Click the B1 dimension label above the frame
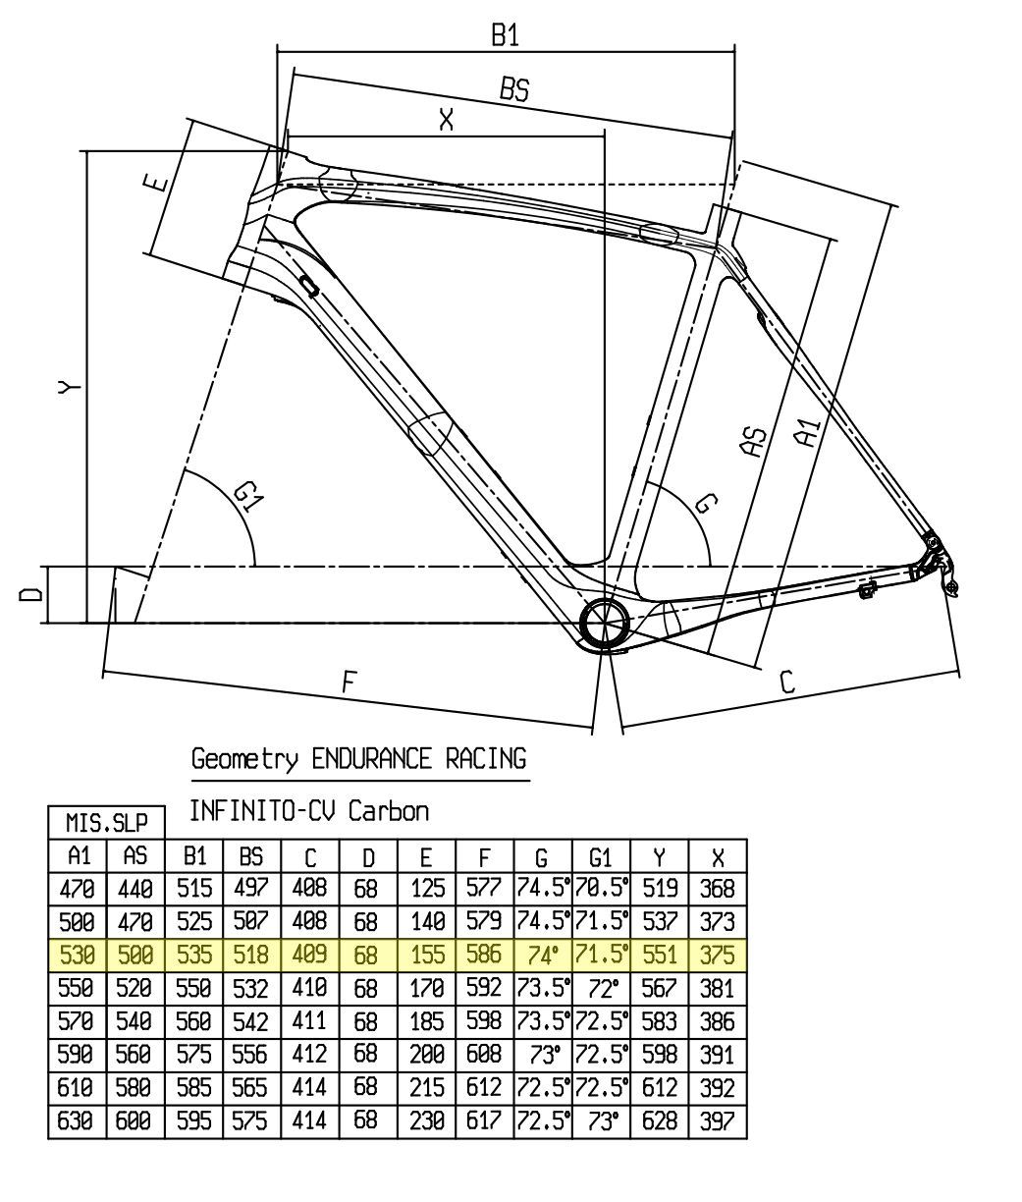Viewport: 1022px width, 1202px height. (x=505, y=35)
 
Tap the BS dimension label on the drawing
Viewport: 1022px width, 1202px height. (x=513, y=89)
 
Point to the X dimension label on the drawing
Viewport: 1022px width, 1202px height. (x=447, y=121)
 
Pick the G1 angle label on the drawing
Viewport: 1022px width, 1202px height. (x=248, y=501)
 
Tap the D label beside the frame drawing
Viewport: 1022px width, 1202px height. (x=32, y=594)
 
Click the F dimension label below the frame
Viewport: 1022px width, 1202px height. (x=347, y=683)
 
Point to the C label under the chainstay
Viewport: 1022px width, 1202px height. (x=786, y=682)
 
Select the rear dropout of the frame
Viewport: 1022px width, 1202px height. (x=933, y=560)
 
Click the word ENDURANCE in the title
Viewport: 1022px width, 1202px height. (x=371, y=759)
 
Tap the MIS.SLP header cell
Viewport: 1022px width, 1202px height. (x=107, y=821)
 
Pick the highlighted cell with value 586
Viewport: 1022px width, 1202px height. (x=483, y=953)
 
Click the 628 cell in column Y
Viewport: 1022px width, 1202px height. (x=659, y=1120)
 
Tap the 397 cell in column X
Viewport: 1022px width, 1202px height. (x=718, y=1120)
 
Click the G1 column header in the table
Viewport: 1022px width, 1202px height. (x=600, y=856)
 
